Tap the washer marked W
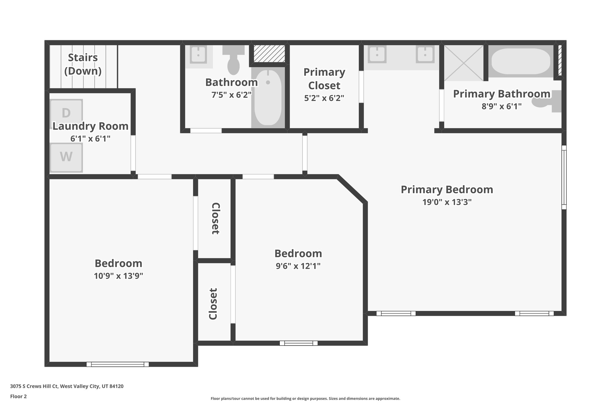(66, 157)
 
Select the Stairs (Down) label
(83, 64)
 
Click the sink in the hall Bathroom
(198, 55)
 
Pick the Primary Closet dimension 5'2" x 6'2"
(324, 98)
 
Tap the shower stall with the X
(463, 63)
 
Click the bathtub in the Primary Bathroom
(521, 61)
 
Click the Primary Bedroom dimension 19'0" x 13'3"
(447, 202)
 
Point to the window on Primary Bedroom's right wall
(564, 177)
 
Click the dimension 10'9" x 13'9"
(118, 276)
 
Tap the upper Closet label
(216, 219)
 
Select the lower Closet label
(213, 304)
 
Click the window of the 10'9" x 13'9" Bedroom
(118, 364)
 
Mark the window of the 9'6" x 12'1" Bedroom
(298, 343)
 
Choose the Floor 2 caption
(18, 396)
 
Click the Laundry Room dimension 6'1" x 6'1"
(90, 139)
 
